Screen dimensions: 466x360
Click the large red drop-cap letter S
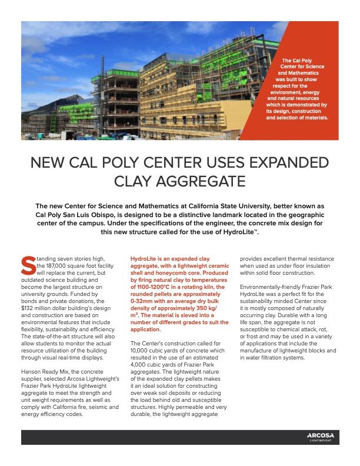click(x=26, y=265)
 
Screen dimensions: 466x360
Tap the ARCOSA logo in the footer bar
click(x=321, y=435)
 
